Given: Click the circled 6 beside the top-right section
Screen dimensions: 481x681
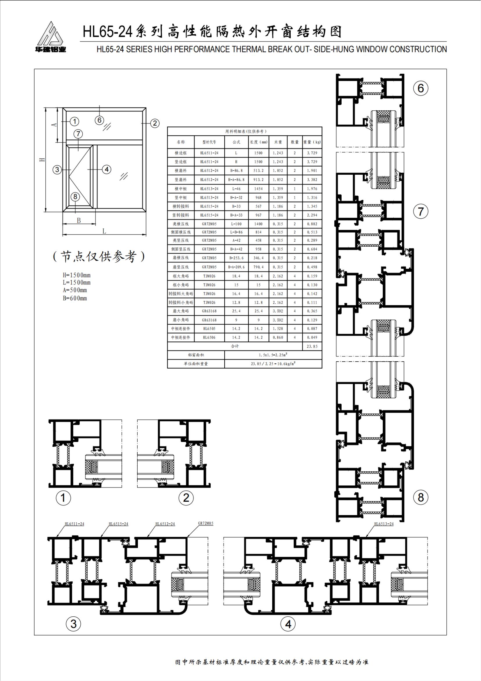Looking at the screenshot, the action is pyautogui.click(x=421, y=88).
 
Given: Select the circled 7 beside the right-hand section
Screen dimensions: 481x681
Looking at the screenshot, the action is pyautogui.click(x=421, y=212).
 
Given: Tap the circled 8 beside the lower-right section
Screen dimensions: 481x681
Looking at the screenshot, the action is pyautogui.click(x=421, y=497).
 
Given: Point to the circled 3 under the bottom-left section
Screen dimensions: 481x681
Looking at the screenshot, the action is pyautogui.click(x=74, y=624).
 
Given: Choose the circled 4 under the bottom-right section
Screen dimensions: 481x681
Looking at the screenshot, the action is pyautogui.click(x=288, y=624).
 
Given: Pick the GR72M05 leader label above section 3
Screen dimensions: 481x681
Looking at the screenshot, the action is pyautogui.click(x=206, y=523).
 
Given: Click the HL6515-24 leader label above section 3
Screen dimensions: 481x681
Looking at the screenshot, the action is pyautogui.click(x=118, y=524).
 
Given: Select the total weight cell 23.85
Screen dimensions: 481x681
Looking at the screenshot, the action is pyautogui.click(x=312, y=346).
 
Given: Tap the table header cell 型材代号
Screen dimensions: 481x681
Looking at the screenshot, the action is pyautogui.click(x=209, y=142).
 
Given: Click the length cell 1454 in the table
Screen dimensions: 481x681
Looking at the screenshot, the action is pyautogui.click(x=258, y=189).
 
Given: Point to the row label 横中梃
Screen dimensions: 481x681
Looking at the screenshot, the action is pyautogui.click(x=181, y=189).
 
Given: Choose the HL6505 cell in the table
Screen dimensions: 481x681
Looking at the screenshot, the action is pyautogui.click(x=209, y=329).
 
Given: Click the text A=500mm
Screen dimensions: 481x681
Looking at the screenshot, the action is pyautogui.click(x=75, y=290).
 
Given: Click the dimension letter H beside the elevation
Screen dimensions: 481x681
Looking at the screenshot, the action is pyautogui.click(x=43, y=160).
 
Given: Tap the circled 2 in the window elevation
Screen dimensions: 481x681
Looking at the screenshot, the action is pyautogui.click(x=155, y=123).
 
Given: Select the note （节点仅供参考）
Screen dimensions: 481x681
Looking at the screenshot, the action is pyautogui.click(x=99, y=257).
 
